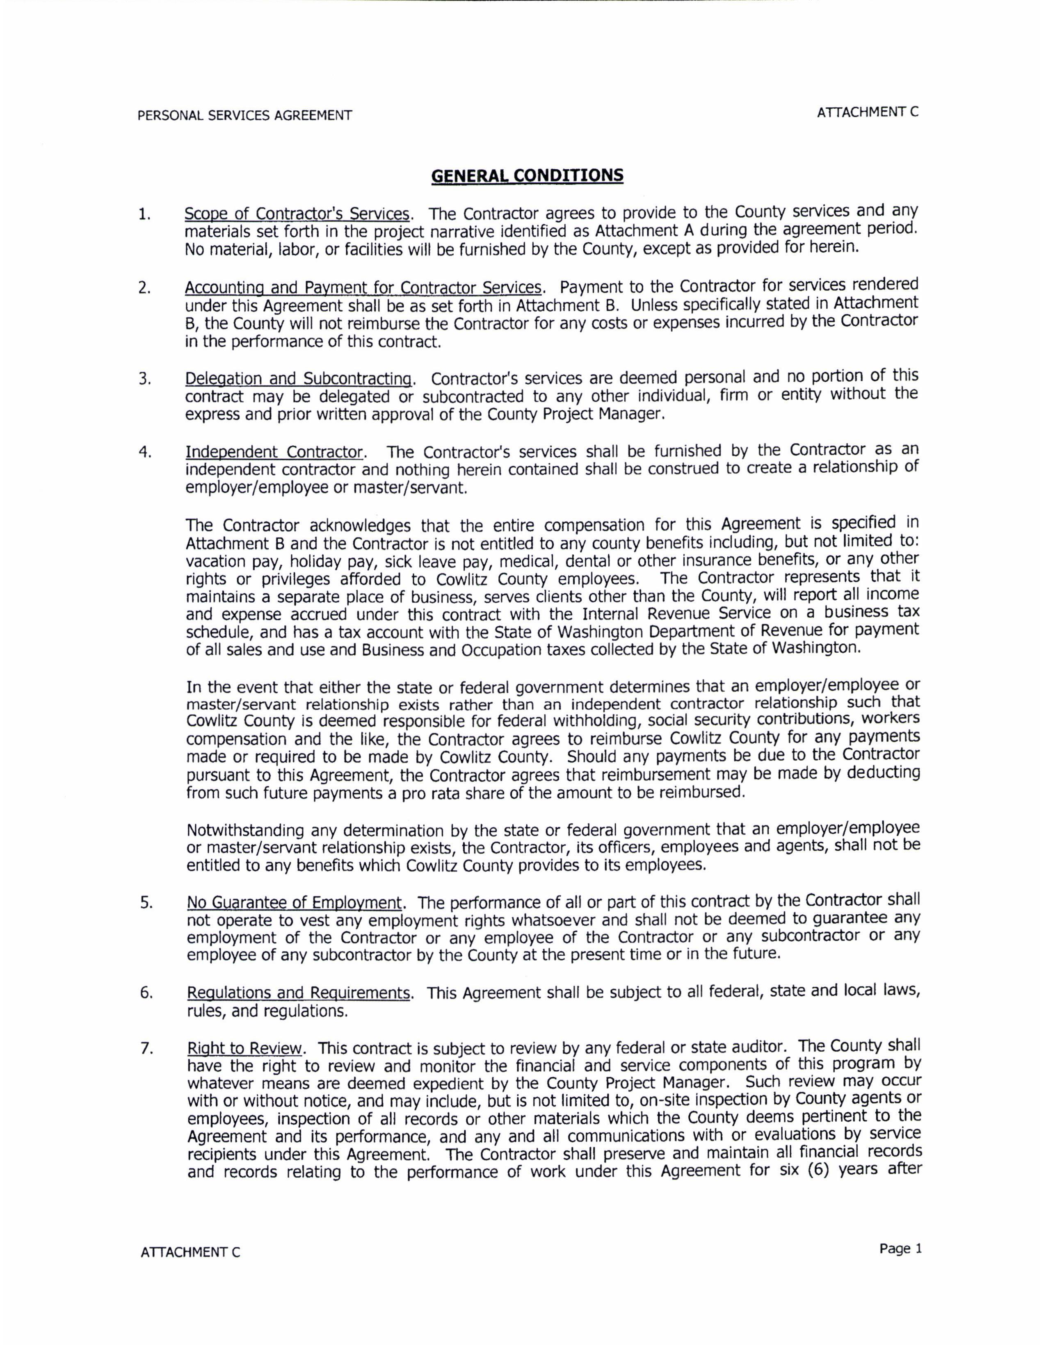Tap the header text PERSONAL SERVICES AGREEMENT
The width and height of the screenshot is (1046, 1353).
(x=245, y=115)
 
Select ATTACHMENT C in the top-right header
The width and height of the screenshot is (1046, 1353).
(x=868, y=112)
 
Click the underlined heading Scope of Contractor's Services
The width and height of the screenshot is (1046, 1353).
(x=297, y=214)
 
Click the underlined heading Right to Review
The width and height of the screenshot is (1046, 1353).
(x=245, y=1049)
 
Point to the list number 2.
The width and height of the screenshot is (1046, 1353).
(x=144, y=289)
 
